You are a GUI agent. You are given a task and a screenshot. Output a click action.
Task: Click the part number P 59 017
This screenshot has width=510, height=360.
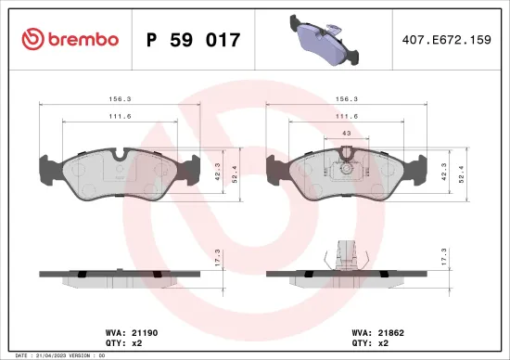coord(194,40)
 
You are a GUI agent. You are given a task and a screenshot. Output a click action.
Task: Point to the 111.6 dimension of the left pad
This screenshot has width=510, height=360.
coord(116,116)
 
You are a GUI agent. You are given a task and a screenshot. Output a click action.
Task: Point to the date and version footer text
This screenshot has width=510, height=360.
coord(56,355)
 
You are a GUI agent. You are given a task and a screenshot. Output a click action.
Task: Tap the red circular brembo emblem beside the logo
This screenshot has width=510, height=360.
coord(32,39)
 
